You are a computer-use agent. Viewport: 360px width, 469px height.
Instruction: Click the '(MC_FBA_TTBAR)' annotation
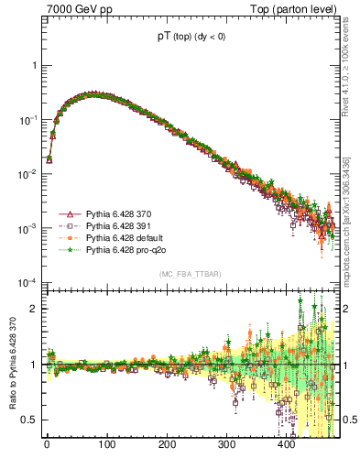tap(190, 274)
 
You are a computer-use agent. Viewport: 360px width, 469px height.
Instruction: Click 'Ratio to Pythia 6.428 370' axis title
tap(11, 365)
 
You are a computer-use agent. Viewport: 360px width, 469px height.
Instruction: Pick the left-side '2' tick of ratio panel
tap(35, 309)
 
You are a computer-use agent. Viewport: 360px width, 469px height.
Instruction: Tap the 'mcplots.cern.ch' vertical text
tap(351, 243)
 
